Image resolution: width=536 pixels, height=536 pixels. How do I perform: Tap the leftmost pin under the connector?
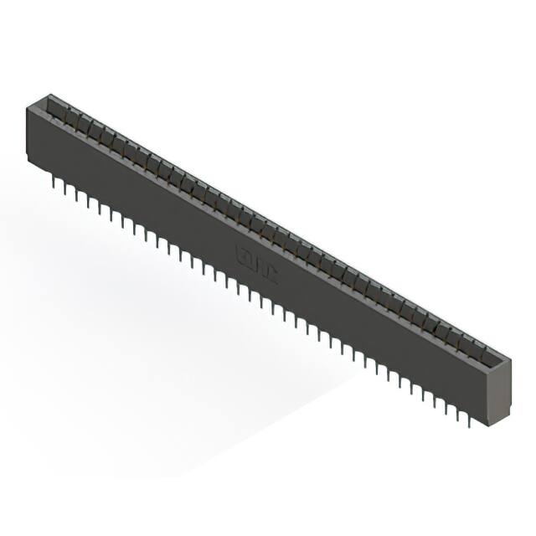click(52, 179)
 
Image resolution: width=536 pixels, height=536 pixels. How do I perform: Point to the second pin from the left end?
click(64, 188)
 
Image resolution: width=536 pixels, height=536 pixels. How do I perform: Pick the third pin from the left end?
click(76, 194)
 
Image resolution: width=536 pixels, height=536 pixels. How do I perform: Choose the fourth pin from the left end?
click(88, 200)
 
